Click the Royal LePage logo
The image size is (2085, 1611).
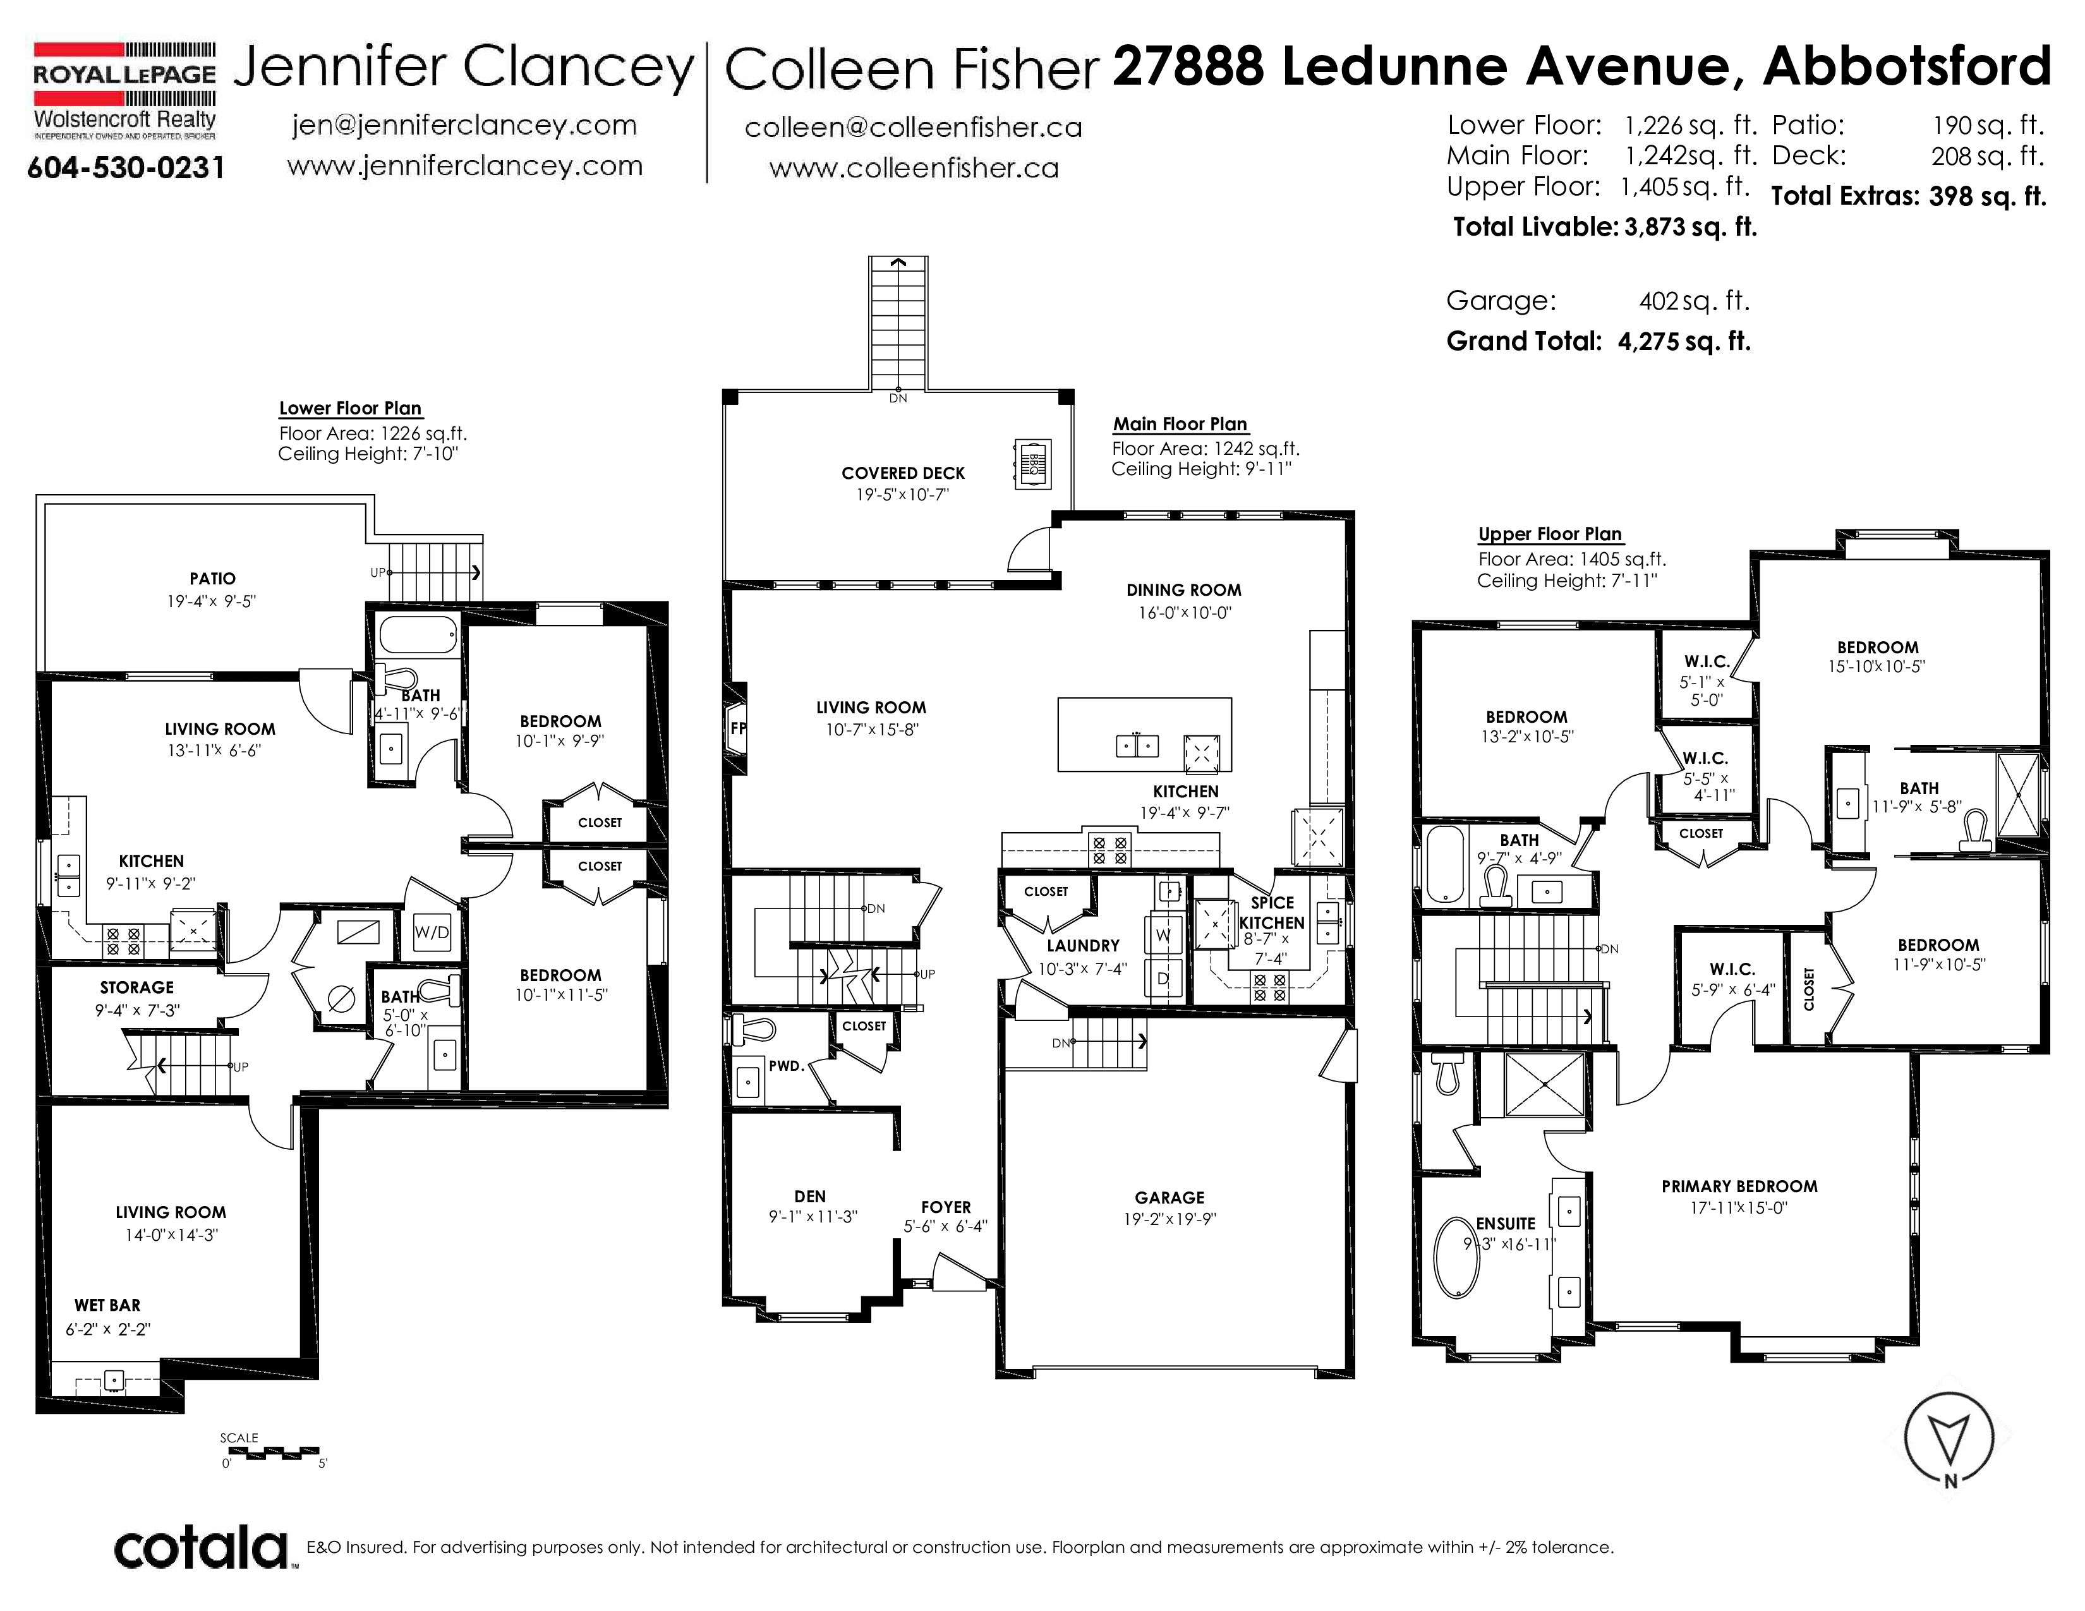tap(125, 91)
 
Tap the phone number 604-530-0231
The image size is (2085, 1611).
tap(126, 168)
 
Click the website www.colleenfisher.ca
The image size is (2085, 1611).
tap(914, 168)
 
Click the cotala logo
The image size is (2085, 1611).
tap(202, 1547)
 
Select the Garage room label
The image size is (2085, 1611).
tap(1169, 1198)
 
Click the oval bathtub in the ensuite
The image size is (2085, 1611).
tap(1457, 1255)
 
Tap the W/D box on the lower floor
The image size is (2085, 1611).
tap(432, 932)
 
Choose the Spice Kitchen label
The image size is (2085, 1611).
tap(1272, 912)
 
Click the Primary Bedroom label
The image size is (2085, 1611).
tap(1739, 1186)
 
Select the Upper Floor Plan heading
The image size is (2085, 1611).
tap(1550, 534)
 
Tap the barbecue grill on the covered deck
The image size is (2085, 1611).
tap(1032, 465)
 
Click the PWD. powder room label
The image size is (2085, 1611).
tap(787, 1066)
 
